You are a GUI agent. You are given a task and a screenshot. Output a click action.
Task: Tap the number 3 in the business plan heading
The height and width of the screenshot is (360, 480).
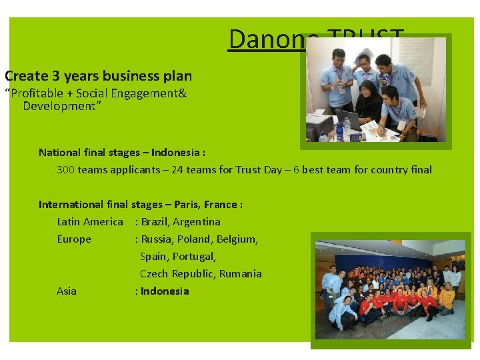(52, 76)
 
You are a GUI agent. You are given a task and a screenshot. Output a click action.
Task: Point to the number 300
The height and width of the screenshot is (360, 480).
(65, 169)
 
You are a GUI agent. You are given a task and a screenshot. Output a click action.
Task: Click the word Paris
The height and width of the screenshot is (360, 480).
(185, 204)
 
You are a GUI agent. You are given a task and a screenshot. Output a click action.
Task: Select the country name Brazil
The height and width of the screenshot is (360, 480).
(154, 221)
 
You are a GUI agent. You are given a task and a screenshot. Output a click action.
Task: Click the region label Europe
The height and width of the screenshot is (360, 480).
(74, 239)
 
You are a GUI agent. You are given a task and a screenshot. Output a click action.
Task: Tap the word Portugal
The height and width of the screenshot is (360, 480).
(194, 256)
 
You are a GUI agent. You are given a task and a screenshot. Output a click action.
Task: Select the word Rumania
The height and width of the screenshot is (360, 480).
(241, 273)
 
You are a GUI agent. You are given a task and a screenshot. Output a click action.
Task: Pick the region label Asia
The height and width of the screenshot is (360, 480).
(67, 291)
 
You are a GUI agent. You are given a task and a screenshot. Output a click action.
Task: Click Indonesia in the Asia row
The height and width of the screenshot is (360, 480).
(165, 291)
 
